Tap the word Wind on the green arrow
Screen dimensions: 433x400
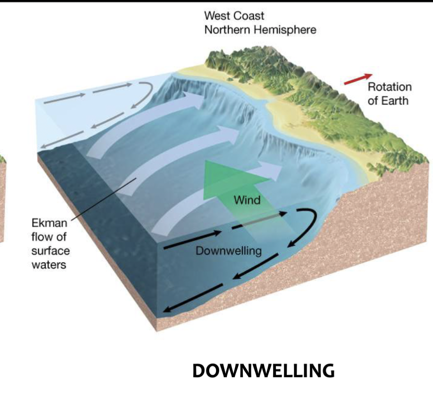click(x=247, y=200)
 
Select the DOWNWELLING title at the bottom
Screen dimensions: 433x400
click(x=263, y=371)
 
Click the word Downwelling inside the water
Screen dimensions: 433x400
click(x=228, y=251)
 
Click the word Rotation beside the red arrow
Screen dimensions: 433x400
click(x=390, y=87)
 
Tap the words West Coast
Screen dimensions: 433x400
click(x=234, y=16)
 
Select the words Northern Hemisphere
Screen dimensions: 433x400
click(x=260, y=30)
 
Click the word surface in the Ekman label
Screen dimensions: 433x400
click(x=50, y=250)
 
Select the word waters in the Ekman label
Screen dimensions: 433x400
click(x=48, y=264)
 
